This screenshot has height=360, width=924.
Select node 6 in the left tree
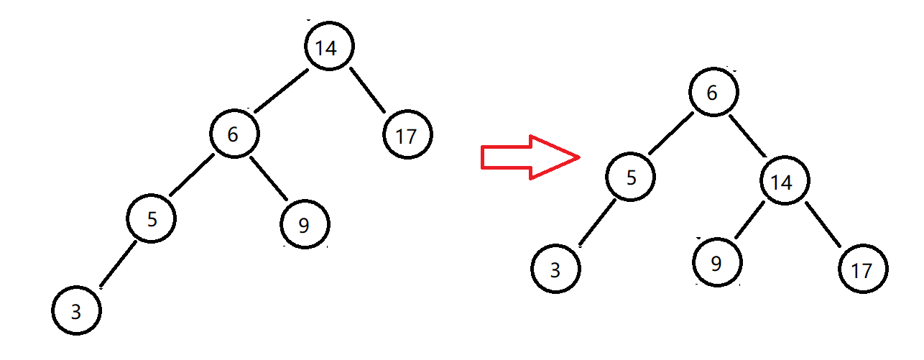point(234,134)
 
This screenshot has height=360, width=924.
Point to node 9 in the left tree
point(304,224)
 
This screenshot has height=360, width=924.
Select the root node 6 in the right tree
point(713,91)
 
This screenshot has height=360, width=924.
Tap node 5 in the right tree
point(630,177)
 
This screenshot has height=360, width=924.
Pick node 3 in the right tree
point(555,270)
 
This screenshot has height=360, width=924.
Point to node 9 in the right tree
point(716,262)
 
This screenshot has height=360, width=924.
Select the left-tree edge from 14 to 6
point(281,91)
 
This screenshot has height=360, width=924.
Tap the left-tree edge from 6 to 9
point(269,178)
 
